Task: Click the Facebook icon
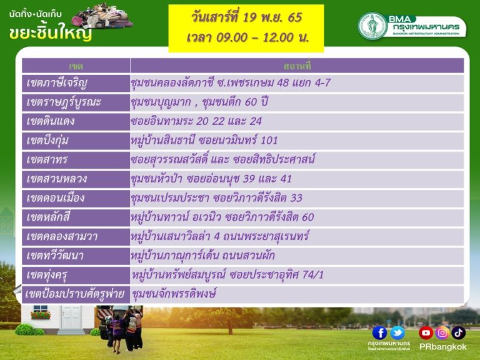click(379, 332)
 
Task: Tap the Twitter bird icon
click(397, 332)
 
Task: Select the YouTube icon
click(426, 332)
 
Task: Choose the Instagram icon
click(442, 332)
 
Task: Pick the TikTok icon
click(458, 332)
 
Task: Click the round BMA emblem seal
click(372, 26)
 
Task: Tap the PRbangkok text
click(443, 347)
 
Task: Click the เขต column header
click(76, 66)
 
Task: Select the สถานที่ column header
click(297, 66)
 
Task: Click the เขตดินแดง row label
click(51, 121)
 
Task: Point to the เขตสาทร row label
click(47, 159)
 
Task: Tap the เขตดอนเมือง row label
click(56, 198)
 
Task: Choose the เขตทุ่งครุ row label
click(47, 275)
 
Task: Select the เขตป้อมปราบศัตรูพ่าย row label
click(75, 294)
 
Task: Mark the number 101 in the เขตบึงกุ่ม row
click(269, 141)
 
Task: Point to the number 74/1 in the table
click(312, 275)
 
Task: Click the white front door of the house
click(71, 317)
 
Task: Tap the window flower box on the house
click(41, 315)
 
